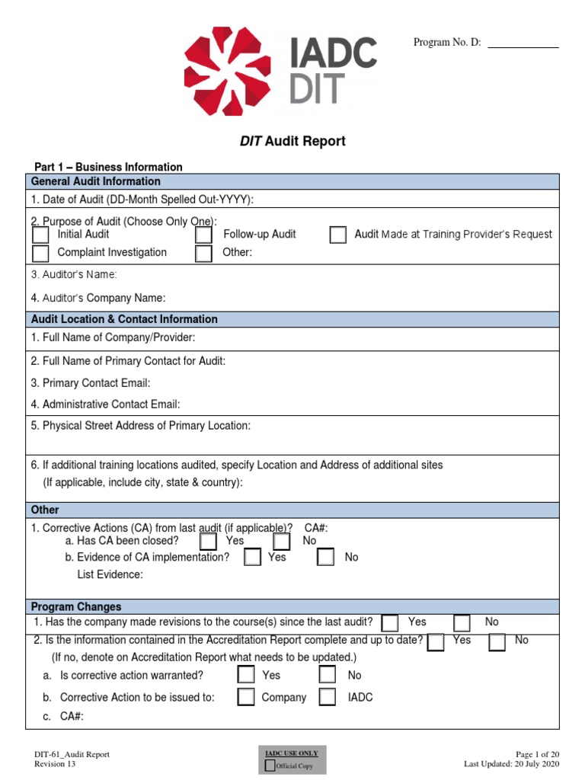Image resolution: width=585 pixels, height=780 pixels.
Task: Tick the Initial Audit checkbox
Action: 41,235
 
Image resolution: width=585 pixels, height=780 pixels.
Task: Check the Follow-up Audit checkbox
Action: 203,235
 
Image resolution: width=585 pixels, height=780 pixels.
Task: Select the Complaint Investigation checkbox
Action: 41,254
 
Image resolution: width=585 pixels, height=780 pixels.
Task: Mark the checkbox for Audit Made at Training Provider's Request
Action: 337,235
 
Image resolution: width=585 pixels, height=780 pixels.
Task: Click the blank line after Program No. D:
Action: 523,44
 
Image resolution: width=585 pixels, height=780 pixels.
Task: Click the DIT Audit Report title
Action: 292,141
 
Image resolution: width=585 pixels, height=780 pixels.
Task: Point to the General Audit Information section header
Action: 96,181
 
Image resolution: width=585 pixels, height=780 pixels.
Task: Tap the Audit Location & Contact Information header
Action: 124,319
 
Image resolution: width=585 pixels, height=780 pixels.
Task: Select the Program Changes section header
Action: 76,607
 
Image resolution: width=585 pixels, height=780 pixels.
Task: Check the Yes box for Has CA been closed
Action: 208,542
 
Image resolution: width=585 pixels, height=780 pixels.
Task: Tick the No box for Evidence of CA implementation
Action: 326,558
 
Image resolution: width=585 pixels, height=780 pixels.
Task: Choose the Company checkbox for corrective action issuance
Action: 245,697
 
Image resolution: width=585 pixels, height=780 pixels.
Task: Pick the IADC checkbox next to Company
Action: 327,697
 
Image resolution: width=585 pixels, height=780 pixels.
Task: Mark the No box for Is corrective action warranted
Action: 327,675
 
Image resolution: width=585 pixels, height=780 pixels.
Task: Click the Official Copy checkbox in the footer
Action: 270,766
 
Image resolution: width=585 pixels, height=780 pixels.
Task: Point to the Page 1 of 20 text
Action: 537,754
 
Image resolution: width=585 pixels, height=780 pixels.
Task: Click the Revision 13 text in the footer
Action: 56,764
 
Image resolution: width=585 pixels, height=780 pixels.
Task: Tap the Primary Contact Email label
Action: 91,383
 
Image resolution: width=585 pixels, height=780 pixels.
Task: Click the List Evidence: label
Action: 110,574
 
